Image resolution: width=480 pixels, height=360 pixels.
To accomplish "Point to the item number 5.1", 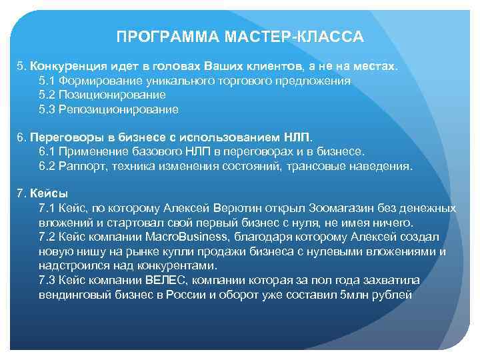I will point(48,81).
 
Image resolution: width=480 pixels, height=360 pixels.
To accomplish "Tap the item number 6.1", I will point(48,152).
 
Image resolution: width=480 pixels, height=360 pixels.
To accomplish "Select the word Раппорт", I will point(83,166).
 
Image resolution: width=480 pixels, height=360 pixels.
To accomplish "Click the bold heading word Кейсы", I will point(44,194).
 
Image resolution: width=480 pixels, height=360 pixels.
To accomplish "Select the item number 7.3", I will point(48,279).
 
